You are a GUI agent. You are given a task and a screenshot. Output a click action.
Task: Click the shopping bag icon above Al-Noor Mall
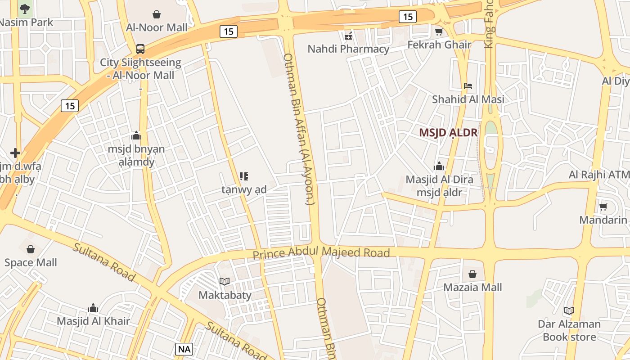coord(157,14)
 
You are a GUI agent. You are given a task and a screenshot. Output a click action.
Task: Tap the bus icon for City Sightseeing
coord(140,49)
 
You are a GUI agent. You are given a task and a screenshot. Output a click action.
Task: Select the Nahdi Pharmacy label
coord(348,49)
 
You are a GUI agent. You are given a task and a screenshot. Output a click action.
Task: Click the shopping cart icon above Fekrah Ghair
coord(439,31)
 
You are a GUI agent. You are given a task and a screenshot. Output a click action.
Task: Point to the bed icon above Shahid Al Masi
coord(468,86)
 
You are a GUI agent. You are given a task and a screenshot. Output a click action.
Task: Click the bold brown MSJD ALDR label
coord(448,133)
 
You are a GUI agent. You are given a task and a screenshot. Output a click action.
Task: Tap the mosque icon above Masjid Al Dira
coord(439,166)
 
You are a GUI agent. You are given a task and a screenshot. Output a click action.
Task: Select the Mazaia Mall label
coord(472,287)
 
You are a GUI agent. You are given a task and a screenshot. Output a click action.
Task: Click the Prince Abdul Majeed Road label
coord(321,253)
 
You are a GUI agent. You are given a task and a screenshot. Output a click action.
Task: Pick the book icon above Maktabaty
coord(225,282)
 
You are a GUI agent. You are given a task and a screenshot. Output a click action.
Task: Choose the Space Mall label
coord(31,262)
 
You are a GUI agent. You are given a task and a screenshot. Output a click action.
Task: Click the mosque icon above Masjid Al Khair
coord(93,308)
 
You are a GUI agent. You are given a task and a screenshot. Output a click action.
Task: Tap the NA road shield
coord(184,349)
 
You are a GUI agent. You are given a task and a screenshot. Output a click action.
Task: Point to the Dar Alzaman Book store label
coord(569,330)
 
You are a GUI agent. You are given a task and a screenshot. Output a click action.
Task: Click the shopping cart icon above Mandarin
coord(603,207)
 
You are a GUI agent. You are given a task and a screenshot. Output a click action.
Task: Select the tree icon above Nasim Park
coord(25,8)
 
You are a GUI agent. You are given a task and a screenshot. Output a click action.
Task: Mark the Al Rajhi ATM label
coord(598,175)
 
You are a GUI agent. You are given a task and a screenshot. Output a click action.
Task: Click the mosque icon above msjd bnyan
coord(136,135)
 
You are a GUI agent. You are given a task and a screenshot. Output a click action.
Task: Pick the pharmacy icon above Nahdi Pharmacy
coord(348,36)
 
